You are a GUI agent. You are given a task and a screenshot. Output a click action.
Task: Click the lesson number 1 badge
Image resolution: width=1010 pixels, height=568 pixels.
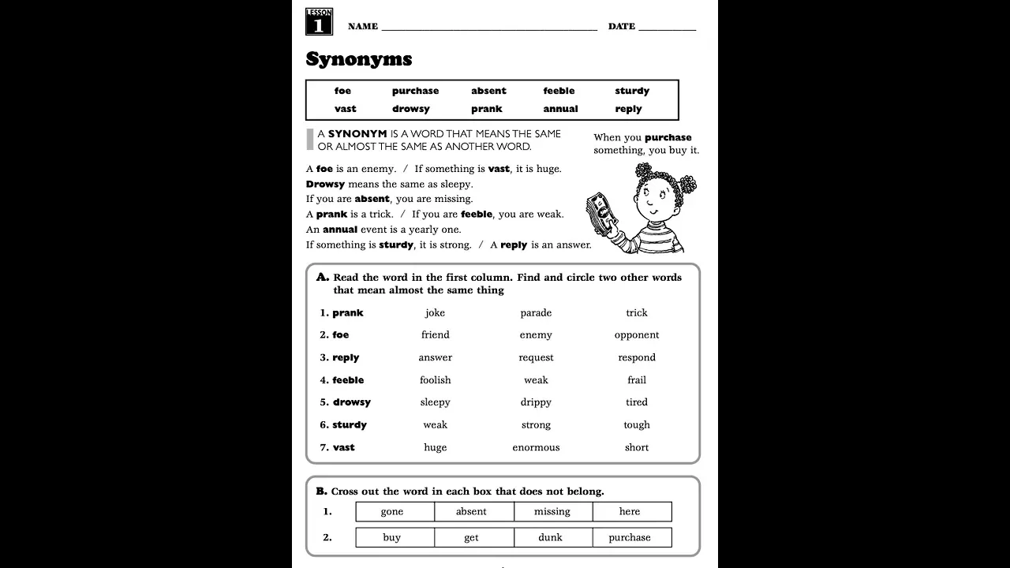click(x=319, y=22)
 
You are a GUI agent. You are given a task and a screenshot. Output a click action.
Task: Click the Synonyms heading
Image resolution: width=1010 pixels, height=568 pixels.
click(x=359, y=59)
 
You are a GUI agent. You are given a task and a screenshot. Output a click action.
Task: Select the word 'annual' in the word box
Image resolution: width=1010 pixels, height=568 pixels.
click(x=560, y=109)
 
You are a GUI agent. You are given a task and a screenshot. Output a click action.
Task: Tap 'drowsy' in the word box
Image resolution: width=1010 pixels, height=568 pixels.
click(x=410, y=109)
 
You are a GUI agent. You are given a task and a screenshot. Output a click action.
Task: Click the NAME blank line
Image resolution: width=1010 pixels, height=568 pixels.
click(x=489, y=27)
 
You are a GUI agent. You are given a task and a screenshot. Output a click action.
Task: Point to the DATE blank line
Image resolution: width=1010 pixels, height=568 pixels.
click(x=667, y=27)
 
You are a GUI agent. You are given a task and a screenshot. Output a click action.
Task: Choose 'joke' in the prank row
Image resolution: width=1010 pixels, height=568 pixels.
click(x=435, y=313)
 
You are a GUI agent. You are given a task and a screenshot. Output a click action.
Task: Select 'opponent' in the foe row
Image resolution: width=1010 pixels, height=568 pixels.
click(x=636, y=335)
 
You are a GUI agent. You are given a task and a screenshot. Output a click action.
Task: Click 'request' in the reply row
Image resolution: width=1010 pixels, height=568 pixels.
click(x=536, y=357)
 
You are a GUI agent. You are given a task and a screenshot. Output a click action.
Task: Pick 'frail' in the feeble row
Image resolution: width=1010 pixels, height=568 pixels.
click(x=636, y=380)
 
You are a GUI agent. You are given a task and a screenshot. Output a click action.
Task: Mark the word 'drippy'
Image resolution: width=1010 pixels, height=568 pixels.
click(x=536, y=402)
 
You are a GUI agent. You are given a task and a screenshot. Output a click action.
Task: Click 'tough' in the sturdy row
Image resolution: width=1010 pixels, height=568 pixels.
click(x=636, y=425)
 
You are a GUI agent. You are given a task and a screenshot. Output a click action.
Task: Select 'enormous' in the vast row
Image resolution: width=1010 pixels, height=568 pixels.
click(x=536, y=447)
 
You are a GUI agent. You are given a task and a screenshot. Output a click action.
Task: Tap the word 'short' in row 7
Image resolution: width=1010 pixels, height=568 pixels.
click(x=636, y=447)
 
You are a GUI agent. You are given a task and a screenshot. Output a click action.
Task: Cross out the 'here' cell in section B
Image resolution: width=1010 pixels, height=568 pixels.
click(x=630, y=512)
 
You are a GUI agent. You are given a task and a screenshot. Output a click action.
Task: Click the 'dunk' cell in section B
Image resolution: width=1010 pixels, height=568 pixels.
click(x=551, y=538)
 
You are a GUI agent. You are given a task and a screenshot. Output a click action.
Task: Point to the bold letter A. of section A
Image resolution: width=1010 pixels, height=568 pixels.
click(x=322, y=277)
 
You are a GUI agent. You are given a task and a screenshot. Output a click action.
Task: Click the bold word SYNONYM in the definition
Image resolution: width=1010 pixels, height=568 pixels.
click(x=357, y=134)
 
